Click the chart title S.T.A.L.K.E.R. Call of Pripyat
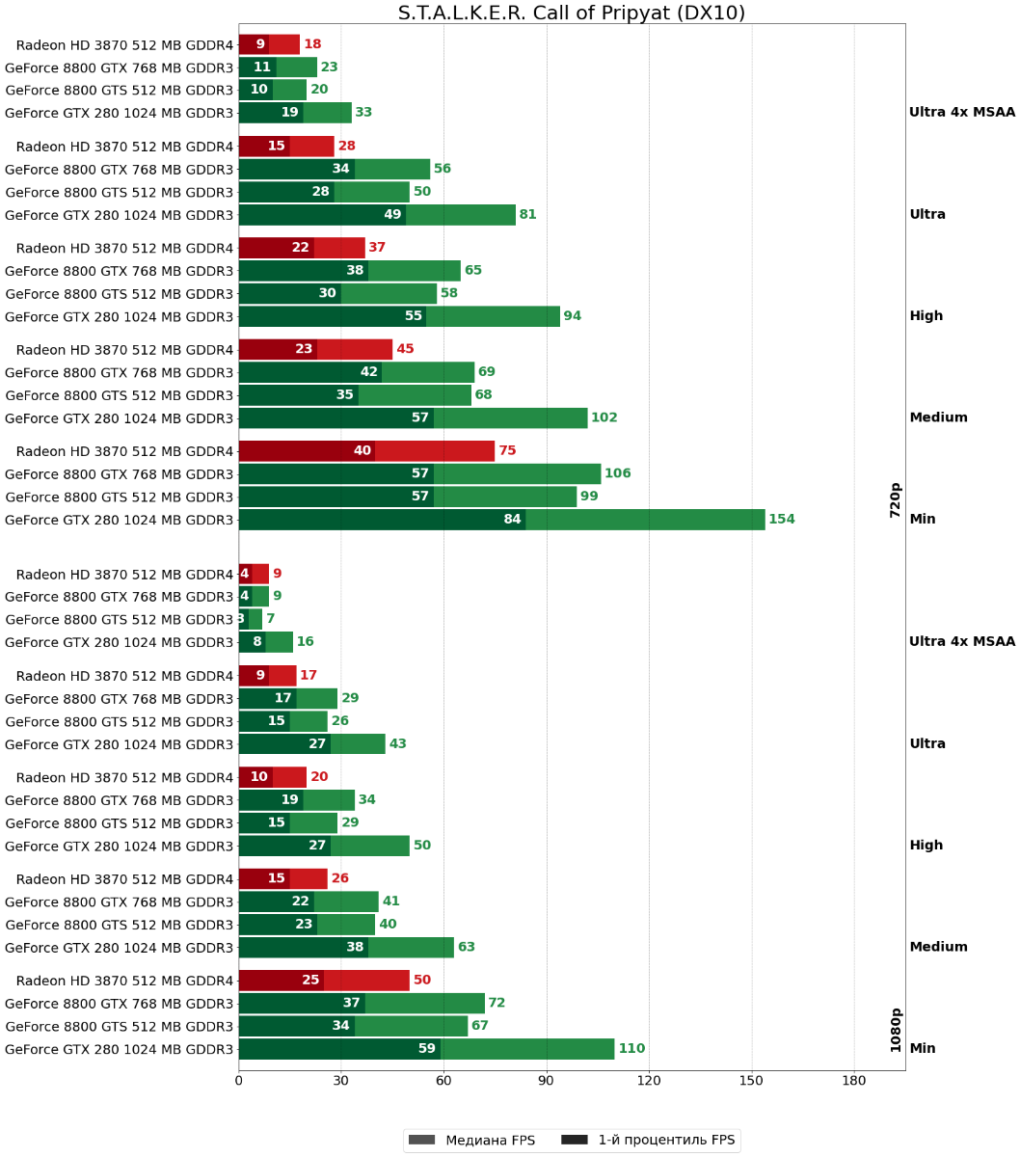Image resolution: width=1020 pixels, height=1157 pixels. [x=571, y=13]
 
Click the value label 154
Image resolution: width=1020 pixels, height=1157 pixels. [x=782, y=520]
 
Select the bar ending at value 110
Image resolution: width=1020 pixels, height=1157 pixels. [x=426, y=1049]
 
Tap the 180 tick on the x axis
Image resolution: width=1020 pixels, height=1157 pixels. [x=854, y=1082]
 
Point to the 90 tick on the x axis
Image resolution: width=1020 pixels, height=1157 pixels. [x=547, y=1082]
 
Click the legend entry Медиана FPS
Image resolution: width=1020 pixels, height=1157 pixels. [x=472, y=1141]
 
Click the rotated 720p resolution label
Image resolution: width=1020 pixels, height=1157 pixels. [x=896, y=500]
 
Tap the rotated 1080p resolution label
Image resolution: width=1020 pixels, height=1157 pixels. [x=896, y=1030]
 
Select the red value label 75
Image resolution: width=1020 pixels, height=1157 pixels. [x=508, y=451]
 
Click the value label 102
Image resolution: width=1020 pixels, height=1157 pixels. [x=604, y=418]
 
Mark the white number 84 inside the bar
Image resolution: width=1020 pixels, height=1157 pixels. [x=513, y=520]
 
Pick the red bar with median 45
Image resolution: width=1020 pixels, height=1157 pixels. [x=315, y=349]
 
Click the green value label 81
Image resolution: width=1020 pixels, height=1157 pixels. [x=528, y=215]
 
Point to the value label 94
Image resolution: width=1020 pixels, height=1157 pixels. [x=573, y=316]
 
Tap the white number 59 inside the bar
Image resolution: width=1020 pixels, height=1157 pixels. [x=427, y=1049]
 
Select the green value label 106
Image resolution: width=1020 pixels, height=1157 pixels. [x=618, y=473]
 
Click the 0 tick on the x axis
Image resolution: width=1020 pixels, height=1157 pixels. [x=239, y=1082]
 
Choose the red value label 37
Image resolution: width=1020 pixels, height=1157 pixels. [x=377, y=248]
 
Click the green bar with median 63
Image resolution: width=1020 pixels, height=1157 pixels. [x=346, y=948]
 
